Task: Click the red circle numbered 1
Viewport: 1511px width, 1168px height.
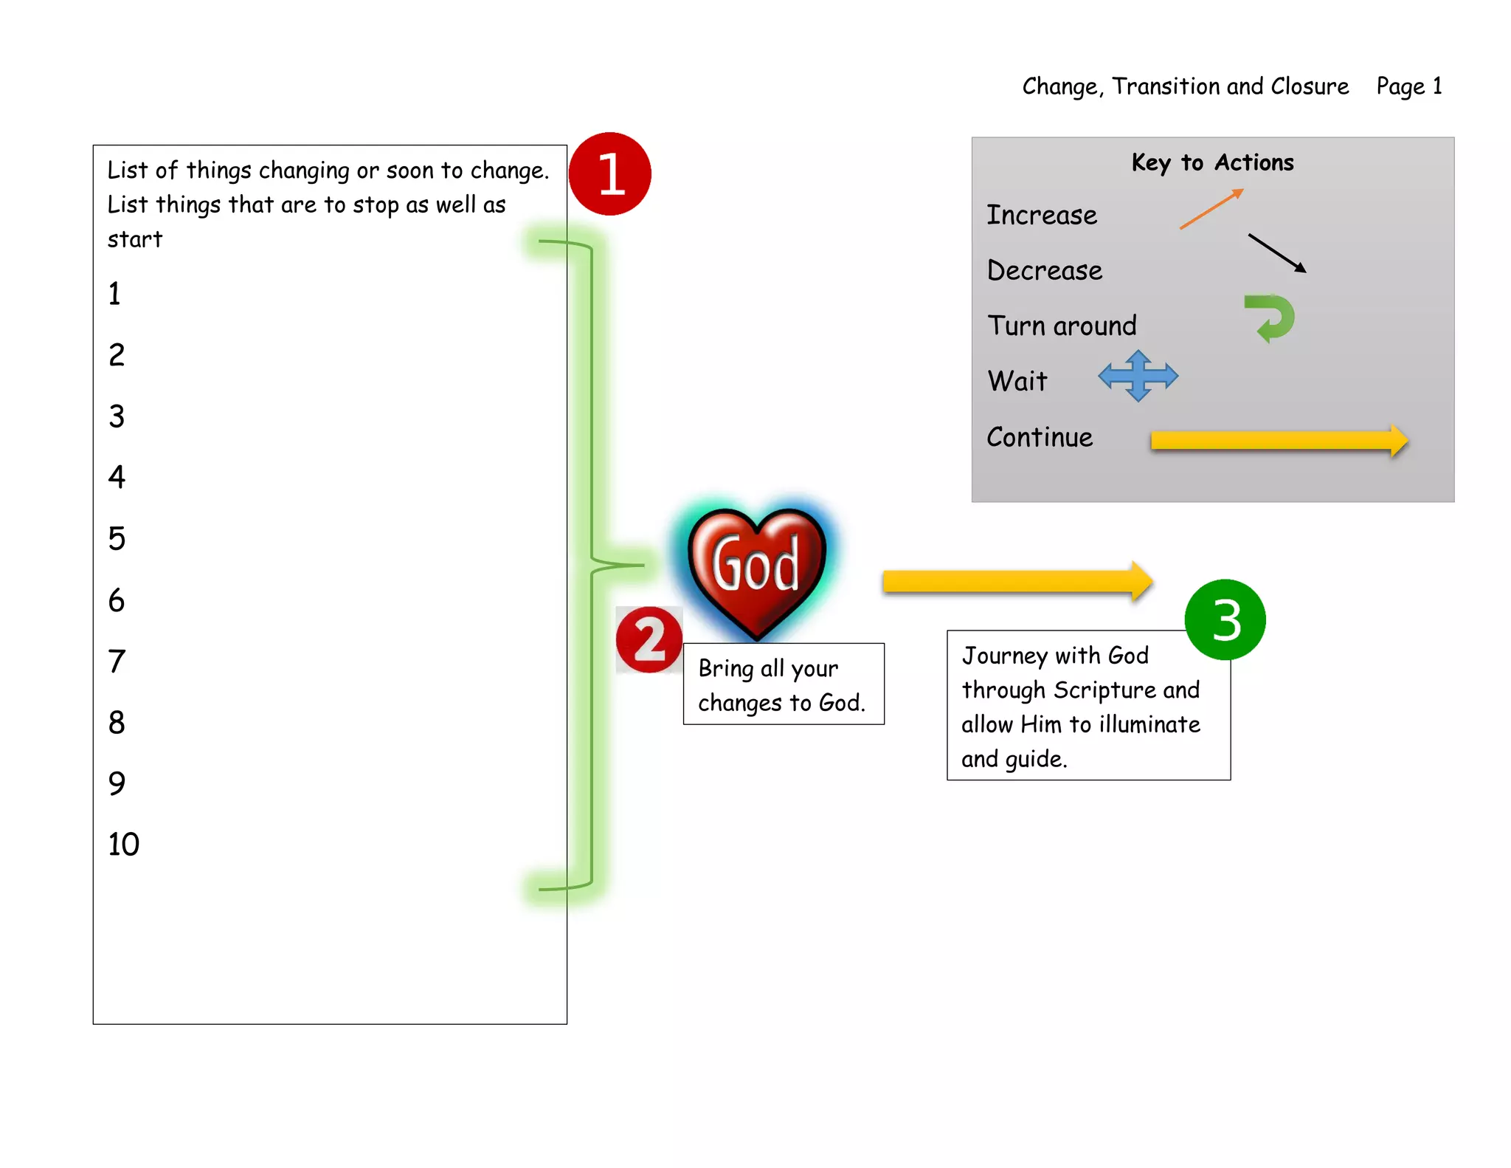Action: click(x=609, y=174)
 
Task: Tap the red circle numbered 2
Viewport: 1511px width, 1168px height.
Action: click(x=649, y=639)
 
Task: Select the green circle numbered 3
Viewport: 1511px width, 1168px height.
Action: click(x=1225, y=619)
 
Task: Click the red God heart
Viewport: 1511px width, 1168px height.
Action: click(x=756, y=568)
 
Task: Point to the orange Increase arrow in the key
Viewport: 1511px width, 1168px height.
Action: click(x=1211, y=209)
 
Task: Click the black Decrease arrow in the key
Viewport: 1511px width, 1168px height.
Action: click(x=1277, y=253)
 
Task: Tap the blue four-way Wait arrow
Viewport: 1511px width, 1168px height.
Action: click(x=1138, y=376)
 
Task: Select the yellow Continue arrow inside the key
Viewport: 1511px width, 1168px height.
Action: click(x=1279, y=441)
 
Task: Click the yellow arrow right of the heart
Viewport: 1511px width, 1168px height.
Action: click(x=1017, y=581)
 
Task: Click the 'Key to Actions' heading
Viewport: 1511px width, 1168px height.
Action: click(x=1212, y=162)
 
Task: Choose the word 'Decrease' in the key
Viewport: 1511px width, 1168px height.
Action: click(x=1044, y=270)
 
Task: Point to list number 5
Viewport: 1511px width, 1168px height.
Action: click(x=117, y=538)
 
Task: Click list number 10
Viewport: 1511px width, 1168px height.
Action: click(x=123, y=844)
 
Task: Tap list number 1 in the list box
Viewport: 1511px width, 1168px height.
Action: click(x=114, y=294)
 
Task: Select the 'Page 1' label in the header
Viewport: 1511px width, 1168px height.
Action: click(x=1408, y=86)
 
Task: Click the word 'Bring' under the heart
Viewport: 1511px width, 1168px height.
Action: click(x=725, y=668)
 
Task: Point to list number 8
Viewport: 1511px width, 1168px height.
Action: click(x=117, y=722)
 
